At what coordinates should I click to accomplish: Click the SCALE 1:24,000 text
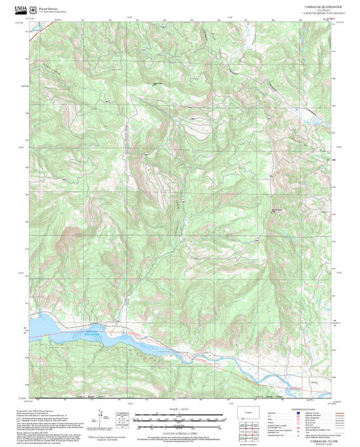(179, 409)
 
